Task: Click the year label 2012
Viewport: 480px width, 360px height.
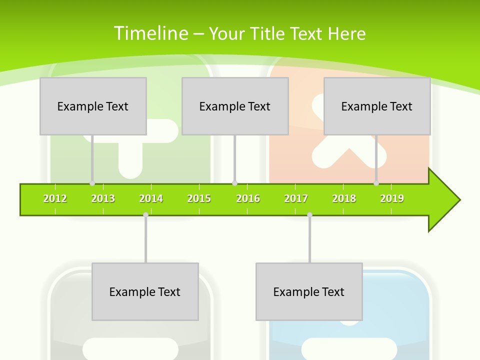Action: tap(55, 198)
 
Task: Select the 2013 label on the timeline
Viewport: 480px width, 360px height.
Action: tap(103, 198)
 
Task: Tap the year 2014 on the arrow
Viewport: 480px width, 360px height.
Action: tap(151, 198)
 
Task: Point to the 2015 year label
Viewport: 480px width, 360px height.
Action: tap(199, 198)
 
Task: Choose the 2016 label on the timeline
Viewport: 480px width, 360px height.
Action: tap(248, 198)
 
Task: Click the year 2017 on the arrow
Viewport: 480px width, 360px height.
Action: tap(296, 198)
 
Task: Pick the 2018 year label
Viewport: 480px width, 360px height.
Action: tap(344, 198)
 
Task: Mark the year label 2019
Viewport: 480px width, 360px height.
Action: tap(392, 198)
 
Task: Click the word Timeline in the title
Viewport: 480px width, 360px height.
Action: tap(150, 33)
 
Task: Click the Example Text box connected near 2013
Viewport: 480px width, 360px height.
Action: tap(93, 106)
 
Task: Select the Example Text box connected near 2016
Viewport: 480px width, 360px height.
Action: tap(235, 106)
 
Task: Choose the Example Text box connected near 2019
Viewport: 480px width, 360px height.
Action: tap(377, 106)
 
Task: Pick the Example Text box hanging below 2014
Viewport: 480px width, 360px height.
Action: tap(145, 291)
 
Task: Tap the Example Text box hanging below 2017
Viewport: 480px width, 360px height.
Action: tap(309, 291)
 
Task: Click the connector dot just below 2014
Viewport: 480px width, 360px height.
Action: tap(145, 214)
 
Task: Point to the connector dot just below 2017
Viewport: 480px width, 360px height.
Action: tap(309, 214)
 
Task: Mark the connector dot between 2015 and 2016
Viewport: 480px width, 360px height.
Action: tap(234, 183)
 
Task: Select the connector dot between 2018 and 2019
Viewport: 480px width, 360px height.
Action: tap(376, 183)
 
